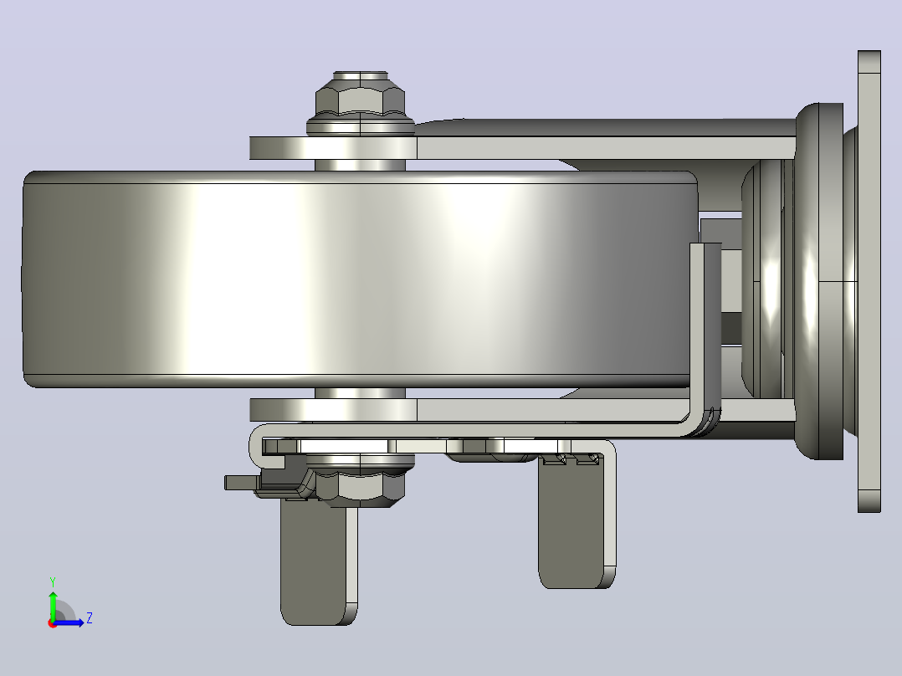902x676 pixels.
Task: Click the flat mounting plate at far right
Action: point(869,281)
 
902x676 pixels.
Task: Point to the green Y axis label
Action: point(53,581)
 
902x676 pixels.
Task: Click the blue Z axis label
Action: point(90,618)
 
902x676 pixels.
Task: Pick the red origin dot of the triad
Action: point(53,623)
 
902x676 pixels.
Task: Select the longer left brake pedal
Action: point(319,561)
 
